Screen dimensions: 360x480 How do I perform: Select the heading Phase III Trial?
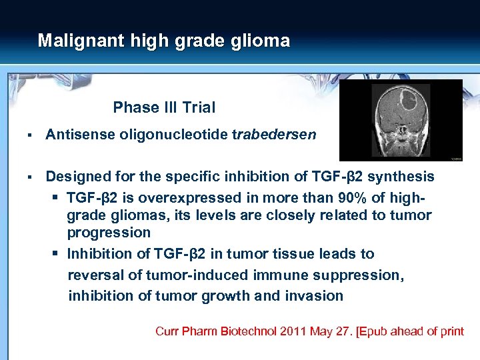point(164,107)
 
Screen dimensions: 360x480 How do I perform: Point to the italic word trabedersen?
point(274,135)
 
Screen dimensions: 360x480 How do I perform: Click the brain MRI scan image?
point(401,121)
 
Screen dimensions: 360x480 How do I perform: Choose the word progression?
point(109,233)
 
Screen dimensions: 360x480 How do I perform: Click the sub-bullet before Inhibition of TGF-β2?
point(57,254)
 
